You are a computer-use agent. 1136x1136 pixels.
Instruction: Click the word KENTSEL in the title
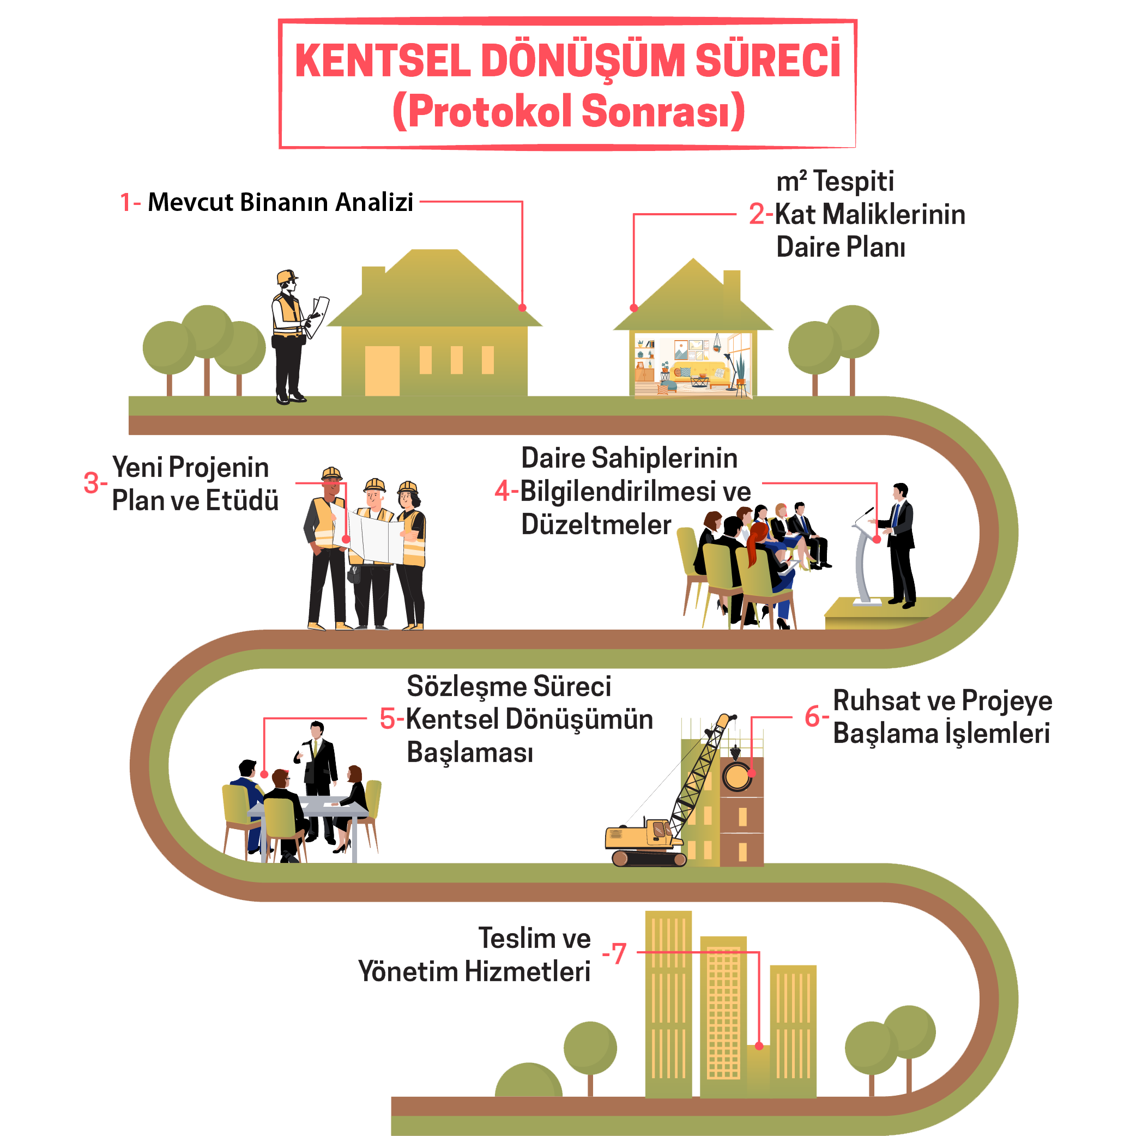(x=383, y=61)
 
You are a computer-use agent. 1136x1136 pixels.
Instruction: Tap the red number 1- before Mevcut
(x=130, y=202)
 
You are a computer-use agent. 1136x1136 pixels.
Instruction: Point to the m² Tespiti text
(x=835, y=181)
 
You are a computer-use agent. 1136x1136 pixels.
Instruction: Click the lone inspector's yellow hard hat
(x=287, y=276)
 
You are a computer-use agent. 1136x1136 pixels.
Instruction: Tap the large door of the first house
(x=382, y=371)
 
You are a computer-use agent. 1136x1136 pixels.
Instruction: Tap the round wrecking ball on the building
(x=736, y=776)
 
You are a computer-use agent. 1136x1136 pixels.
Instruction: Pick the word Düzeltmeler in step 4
(x=596, y=524)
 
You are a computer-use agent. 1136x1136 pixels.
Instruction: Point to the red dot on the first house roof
(x=522, y=307)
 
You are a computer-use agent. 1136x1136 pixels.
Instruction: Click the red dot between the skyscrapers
(x=759, y=1046)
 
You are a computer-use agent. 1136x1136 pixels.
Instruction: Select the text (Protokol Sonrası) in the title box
(x=568, y=111)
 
